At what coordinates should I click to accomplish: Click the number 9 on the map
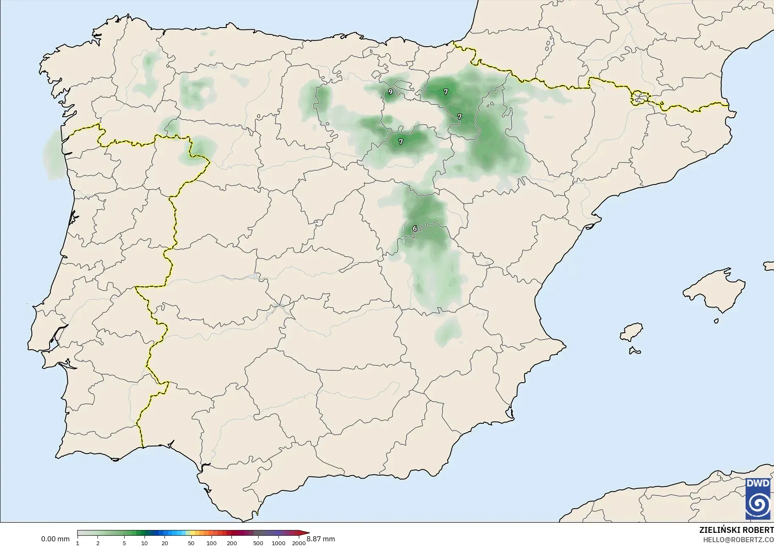coord(390,92)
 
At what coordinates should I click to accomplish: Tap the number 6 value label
coord(415,229)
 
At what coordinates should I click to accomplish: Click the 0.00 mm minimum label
coord(55,539)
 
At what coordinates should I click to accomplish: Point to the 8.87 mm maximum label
coord(320,539)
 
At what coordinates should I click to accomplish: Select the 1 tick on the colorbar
coord(78,543)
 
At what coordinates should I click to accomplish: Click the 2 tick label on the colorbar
coord(98,543)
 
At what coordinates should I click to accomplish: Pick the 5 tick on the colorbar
coord(124,543)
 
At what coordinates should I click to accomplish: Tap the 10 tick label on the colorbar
coord(145,543)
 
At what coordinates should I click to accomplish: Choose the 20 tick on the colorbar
coord(165,543)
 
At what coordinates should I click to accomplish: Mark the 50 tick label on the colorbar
coord(191,543)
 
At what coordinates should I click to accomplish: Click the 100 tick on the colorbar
coord(212,543)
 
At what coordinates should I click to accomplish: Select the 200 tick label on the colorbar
coord(232,543)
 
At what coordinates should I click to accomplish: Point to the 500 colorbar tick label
coord(258,543)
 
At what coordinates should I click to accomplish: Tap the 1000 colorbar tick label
coord(278,543)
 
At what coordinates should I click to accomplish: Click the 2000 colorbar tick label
coord(299,543)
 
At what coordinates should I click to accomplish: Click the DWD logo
coord(758,499)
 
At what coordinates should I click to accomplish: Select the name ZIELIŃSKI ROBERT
coord(736,530)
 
